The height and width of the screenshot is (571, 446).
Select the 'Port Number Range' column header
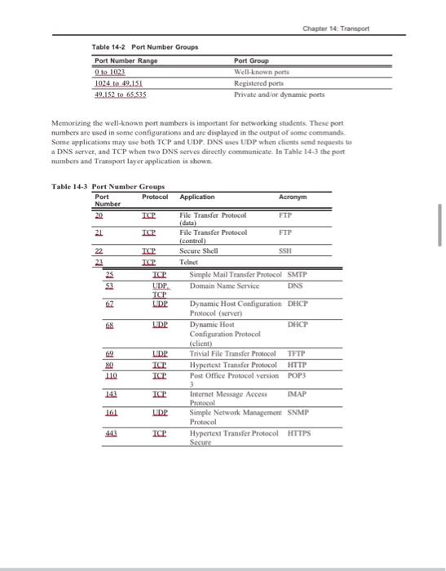coord(126,60)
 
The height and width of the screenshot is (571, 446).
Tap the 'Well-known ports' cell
coord(258,72)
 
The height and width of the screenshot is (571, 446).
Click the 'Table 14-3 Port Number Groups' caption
coord(106,186)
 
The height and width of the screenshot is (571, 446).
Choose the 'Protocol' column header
coord(155,197)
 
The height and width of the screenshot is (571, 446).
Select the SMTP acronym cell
coord(298,272)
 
